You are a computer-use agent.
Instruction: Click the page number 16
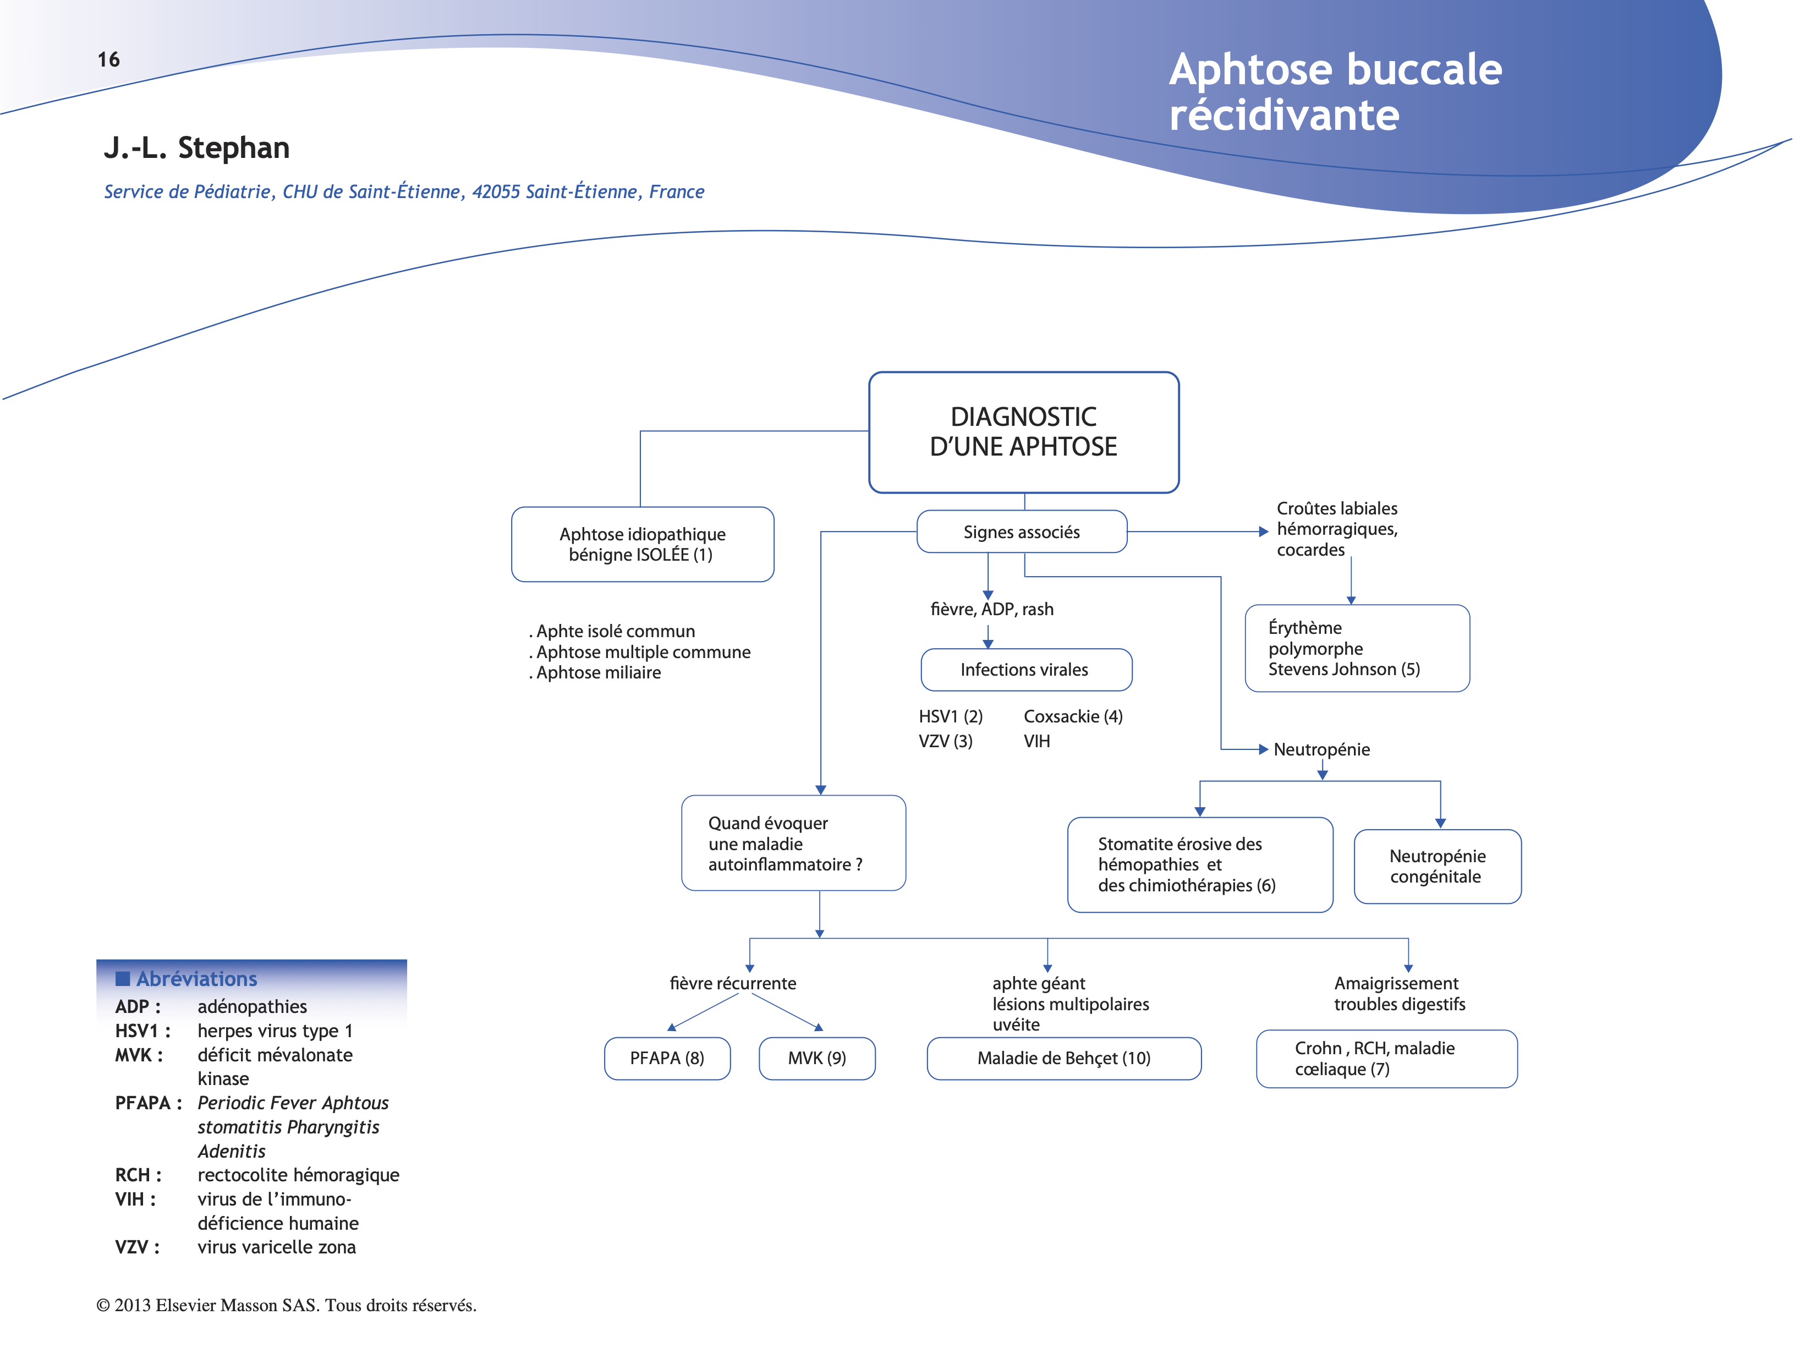click(108, 59)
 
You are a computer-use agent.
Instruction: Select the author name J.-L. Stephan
click(196, 148)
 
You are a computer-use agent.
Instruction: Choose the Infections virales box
click(1025, 670)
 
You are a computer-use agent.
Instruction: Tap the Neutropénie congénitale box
click(1437, 867)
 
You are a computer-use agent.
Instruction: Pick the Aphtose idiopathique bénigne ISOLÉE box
click(642, 545)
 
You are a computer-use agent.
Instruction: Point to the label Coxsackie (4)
click(1073, 716)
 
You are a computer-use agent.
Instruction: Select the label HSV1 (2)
click(951, 716)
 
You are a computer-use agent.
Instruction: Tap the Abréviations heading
click(196, 979)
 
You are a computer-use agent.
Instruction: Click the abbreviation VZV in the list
click(134, 1247)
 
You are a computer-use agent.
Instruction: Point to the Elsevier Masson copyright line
click(287, 1305)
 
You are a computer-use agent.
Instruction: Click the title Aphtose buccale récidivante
click(1335, 91)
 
